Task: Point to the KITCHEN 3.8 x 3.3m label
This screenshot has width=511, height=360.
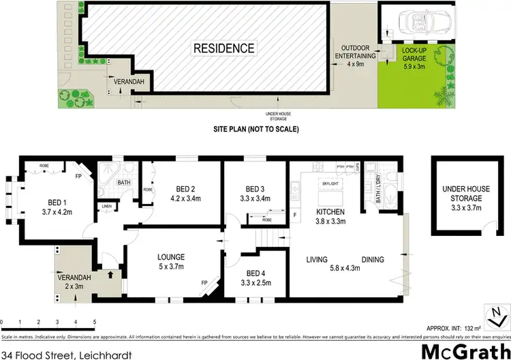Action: pyautogui.click(x=329, y=217)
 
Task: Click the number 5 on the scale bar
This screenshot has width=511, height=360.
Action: pyautogui.click(x=94, y=320)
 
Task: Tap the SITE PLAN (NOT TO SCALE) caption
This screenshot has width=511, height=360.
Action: pyautogui.click(x=257, y=129)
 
